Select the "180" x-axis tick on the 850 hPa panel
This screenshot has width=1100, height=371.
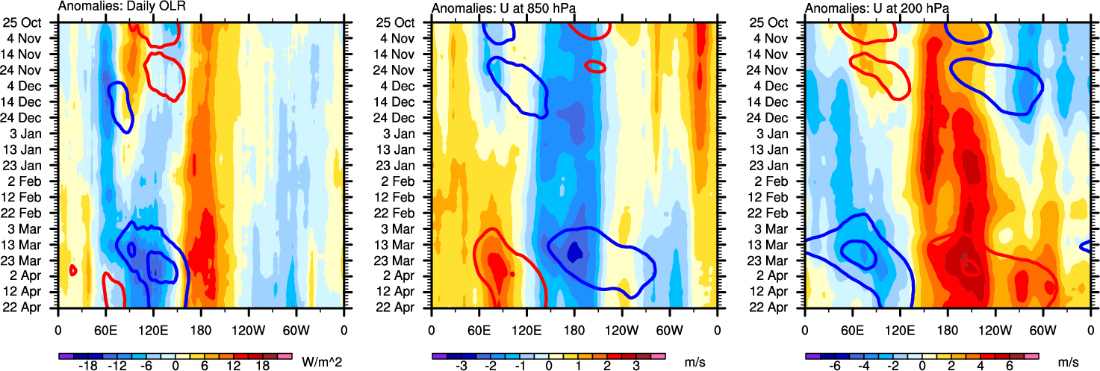click(x=574, y=328)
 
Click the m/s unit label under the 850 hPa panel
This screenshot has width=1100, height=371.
click(x=695, y=362)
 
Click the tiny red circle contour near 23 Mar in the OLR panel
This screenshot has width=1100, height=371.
click(x=73, y=270)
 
